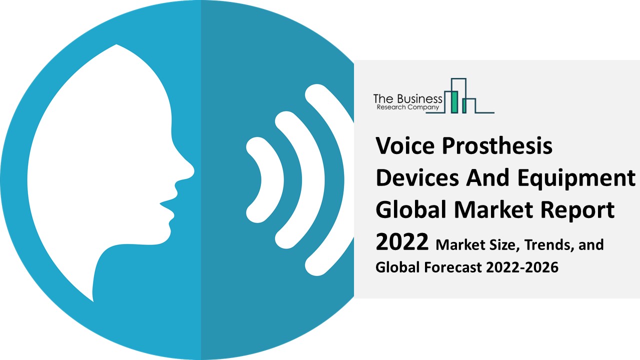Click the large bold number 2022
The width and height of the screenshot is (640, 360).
click(x=402, y=243)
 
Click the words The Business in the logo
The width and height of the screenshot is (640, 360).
click(x=408, y=98)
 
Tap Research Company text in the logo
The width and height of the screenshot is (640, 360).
click(x=407, y=107)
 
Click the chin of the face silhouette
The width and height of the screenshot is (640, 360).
click(x=167, y=232)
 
